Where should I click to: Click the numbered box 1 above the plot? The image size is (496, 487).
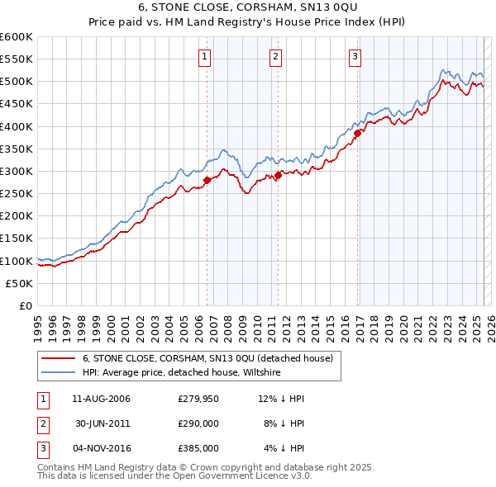(x=204, y=57)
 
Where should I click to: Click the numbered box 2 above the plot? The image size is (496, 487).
(x=275, y=57)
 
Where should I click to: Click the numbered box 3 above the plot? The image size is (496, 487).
(x=355, y=57)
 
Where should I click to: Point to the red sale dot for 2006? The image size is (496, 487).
(x=207, y=180)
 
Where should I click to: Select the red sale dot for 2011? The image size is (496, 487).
(x=279, y=175)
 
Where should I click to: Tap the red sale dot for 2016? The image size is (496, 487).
(x=358, y=133)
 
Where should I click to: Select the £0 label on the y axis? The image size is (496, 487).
(x=26, y=305)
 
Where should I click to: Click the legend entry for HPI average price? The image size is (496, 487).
(x=182, y=373)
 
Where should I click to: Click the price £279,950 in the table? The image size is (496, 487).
(x=198, y=399)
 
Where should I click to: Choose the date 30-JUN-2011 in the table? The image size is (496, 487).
(x=102, y=423)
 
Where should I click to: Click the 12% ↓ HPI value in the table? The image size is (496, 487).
(x=282, y=399)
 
